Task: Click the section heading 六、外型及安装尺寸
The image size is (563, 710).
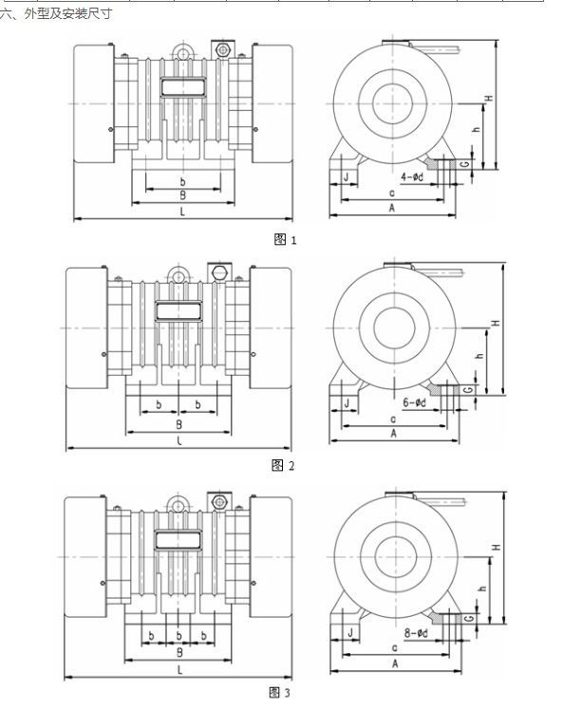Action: pos(56,14)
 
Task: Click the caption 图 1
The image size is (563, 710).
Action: pos(285,239)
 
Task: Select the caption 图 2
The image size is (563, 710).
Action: pos(283,465)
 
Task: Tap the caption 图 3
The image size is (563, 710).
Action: pos(279,692)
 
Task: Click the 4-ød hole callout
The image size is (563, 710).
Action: pos(412,177)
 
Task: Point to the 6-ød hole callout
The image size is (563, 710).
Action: pos(414,402)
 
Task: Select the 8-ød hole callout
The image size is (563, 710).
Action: pos(416,632)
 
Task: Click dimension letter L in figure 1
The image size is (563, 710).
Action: pos(182,212)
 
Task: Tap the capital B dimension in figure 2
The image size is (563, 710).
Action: pos(178,424)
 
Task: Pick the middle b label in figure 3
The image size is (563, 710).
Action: pos(178,636)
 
